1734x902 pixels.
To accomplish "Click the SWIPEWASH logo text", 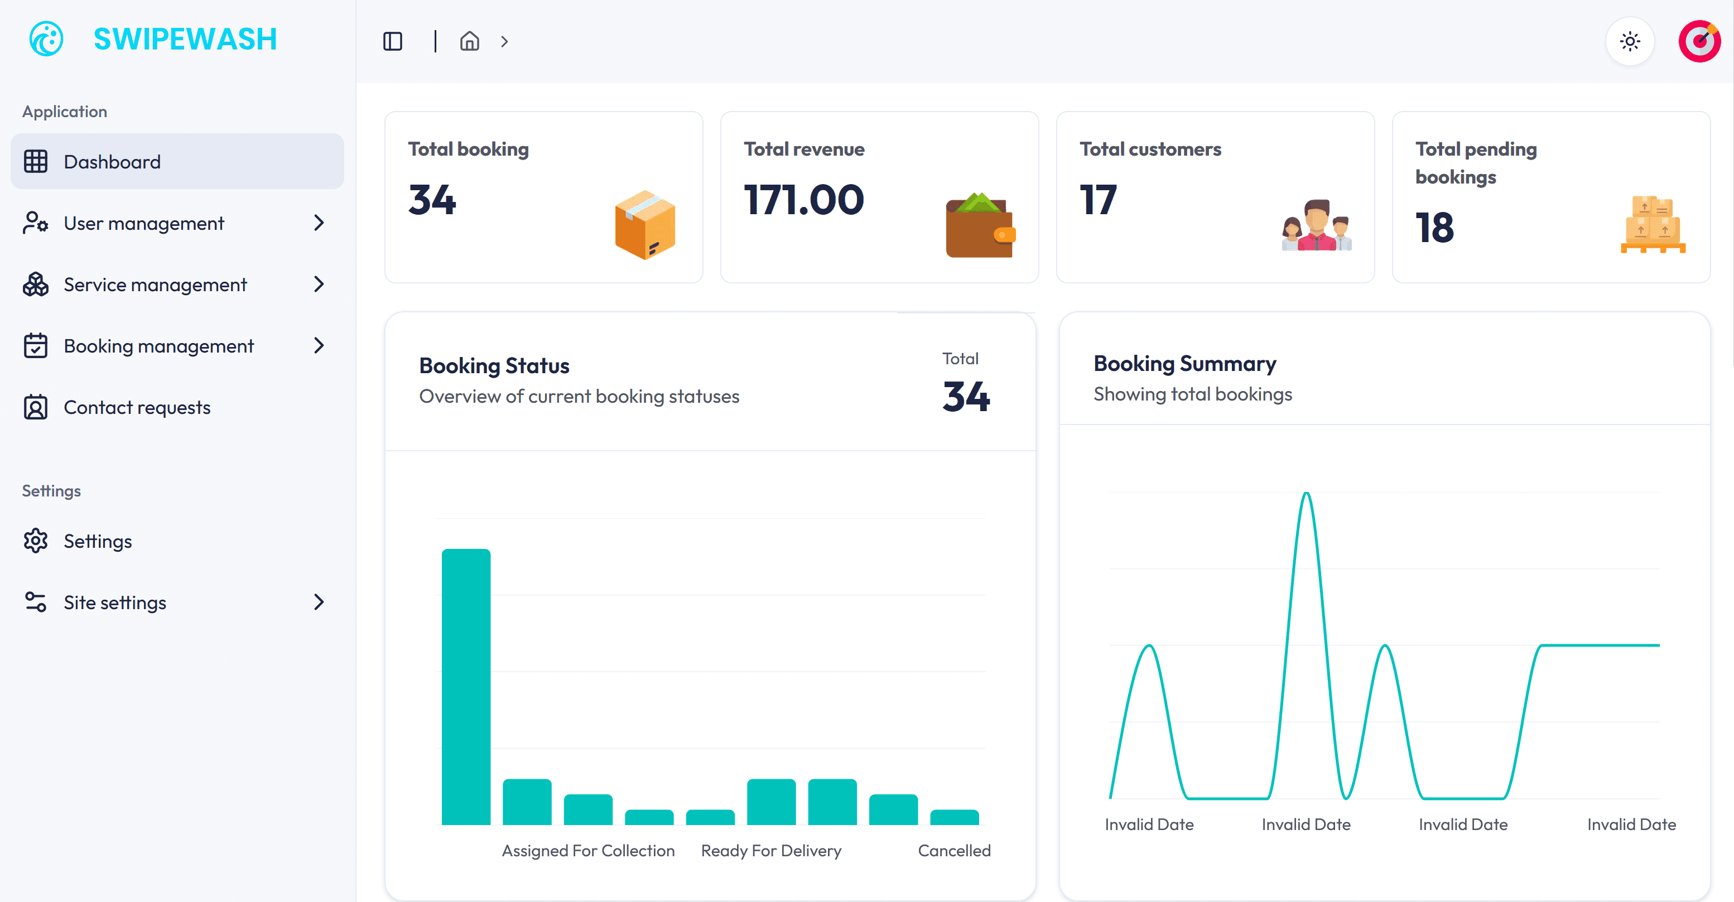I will tap(185, 39).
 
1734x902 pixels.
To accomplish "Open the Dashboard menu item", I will tap(112, 162).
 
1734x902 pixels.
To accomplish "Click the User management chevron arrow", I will tap(319, 223).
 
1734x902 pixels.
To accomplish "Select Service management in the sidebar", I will tap(155, 284).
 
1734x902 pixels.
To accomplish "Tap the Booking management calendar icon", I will tap(35, 346).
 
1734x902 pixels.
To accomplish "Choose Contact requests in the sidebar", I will tap(137, 407).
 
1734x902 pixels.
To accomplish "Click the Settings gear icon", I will tap(35, 541).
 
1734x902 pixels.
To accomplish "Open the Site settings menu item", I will tap(114, 602).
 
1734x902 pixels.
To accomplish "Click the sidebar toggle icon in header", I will tap(392, 42).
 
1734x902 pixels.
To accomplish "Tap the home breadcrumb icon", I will tap(469, 42).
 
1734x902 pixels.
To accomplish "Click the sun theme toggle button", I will tap(1630, 42).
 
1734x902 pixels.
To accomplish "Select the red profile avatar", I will tap(1698, 42).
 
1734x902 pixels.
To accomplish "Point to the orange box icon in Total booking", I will tap(645, 225).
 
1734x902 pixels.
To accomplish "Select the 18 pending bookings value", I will tap(1434, 228).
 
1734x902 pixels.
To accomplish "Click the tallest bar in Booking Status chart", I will tap(466, 687).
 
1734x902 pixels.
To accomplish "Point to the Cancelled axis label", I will tap(954, 851).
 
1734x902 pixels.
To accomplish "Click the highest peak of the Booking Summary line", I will tap(1306, 495).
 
